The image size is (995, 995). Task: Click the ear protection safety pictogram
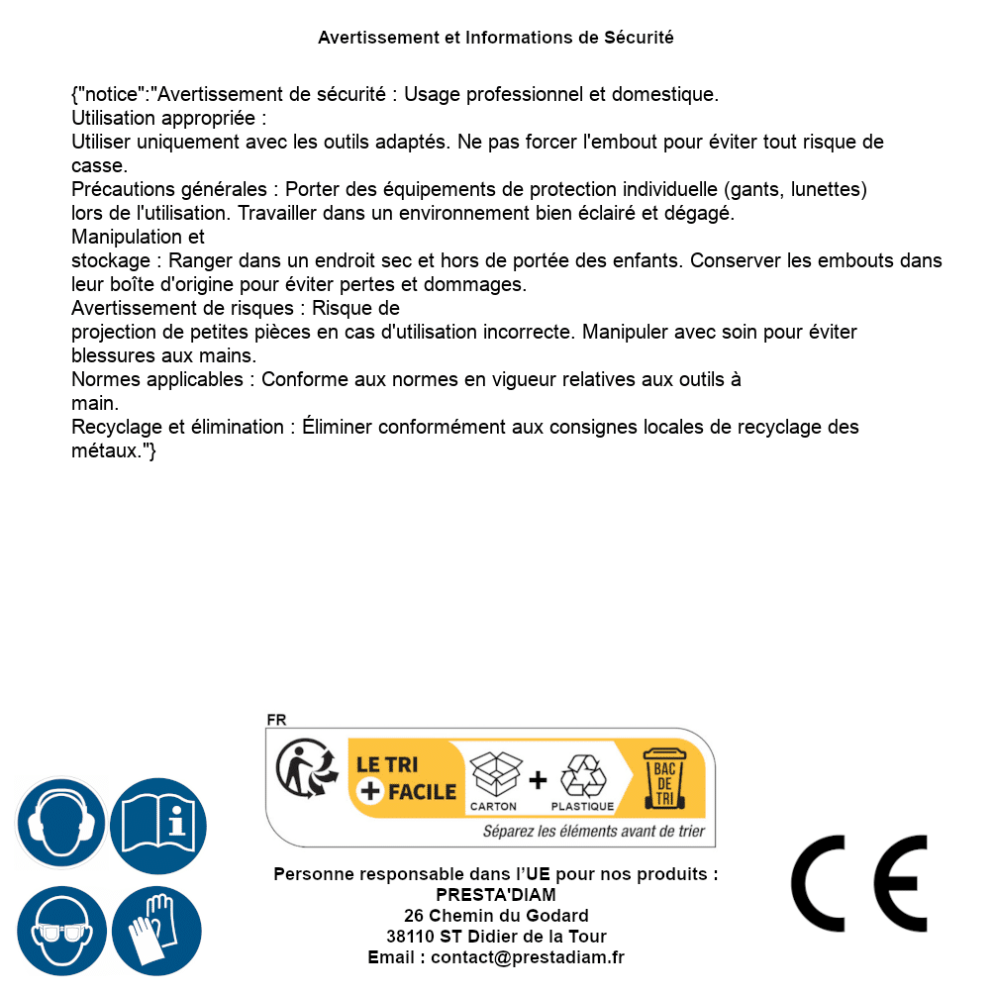61,824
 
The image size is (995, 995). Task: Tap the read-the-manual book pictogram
158,824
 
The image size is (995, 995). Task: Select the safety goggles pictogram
61,932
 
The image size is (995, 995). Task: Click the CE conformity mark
859,883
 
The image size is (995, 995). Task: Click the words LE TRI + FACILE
406,778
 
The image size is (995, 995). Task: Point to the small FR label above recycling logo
276,721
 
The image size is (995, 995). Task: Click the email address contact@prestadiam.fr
528,957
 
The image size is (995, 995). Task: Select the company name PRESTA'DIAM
496,895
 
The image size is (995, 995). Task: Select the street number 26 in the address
414,916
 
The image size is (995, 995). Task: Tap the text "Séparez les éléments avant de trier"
593,832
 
